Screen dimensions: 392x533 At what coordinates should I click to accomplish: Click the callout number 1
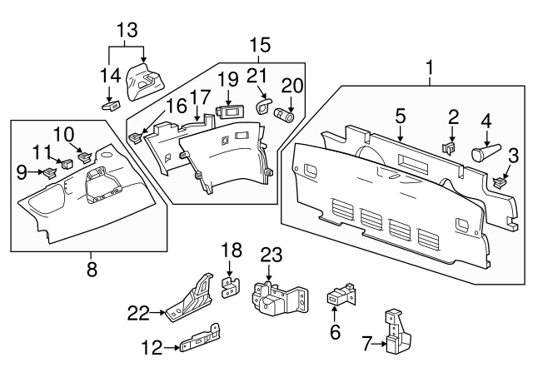coord(431,66)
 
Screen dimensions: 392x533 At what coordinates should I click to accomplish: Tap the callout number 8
coord(92,268)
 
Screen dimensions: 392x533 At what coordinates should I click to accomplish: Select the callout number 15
coord(260,43)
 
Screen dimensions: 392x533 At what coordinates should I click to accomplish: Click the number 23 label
coord(271,255)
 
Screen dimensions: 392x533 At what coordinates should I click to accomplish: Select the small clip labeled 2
coord(451,148)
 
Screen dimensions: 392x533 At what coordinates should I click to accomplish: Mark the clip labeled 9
coord(49,173)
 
